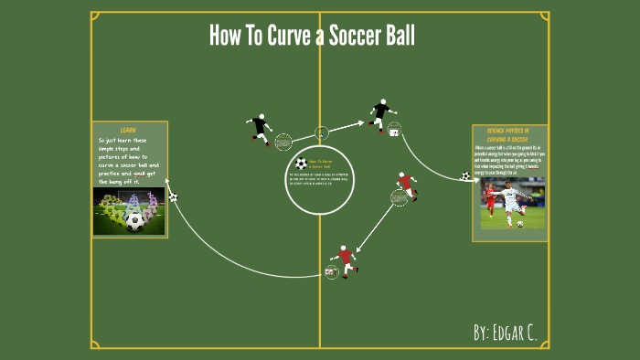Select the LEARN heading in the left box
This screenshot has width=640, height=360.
[x=128, y=130]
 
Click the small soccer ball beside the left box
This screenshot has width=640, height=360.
[x=173, y=196]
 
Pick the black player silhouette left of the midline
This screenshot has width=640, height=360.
[x=260, y=128]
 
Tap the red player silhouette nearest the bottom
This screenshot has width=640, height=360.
[x=345, y=258]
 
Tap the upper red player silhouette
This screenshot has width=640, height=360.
[x=405, y=185]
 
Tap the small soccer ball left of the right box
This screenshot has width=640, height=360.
[x=465, y=175]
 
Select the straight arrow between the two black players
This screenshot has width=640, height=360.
[x=347, y=126]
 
